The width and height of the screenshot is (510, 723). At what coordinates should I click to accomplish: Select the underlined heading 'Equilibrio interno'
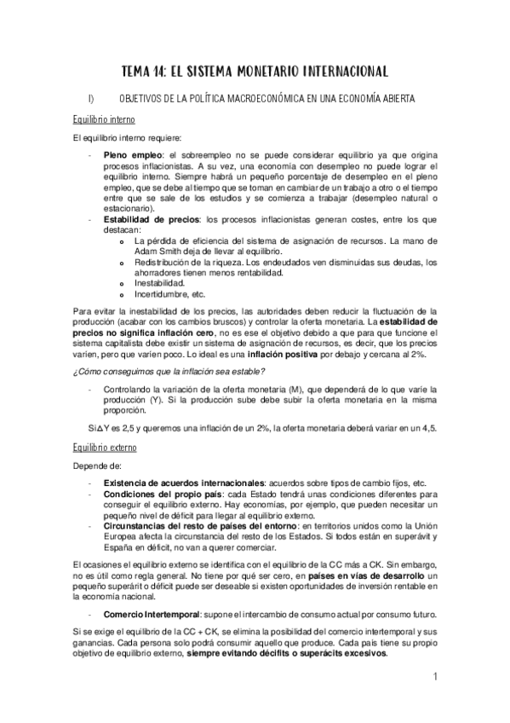[103, 119]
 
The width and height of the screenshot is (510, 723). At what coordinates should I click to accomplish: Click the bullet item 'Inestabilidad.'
[159, 281]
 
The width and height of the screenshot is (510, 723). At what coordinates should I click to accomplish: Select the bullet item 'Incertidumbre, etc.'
[170, 292]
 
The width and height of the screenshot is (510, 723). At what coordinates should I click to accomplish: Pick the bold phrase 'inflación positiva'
[283, 352]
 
